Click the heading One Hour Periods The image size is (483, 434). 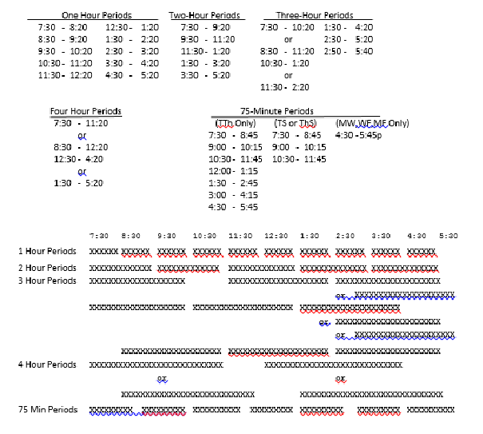pyautogui.click(x=97, y=15)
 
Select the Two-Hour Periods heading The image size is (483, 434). pyautogui.click(x=204, y=15)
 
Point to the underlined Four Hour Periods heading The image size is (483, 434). pyautogui.click(x=85, y=111)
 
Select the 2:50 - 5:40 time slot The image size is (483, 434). pyautogui.click(x=349, y=50)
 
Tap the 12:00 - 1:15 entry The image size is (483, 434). pyautogui.click(x=234, y=171)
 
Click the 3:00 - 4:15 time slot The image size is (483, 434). pyautogui.click(x=234, y=194)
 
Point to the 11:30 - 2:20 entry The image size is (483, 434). pyautogui.click(x=285, y=86)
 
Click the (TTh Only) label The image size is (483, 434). pyautogui.click(x=236, y=123)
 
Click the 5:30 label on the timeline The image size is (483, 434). pyautogui.click(x=449, y=236)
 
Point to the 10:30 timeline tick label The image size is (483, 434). pyautogui.click(x=204, y=236)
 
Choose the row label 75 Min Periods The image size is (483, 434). pyautogui.click(x=49, y=410)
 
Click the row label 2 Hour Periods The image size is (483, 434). pyautogui.click(x=48, y=266)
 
